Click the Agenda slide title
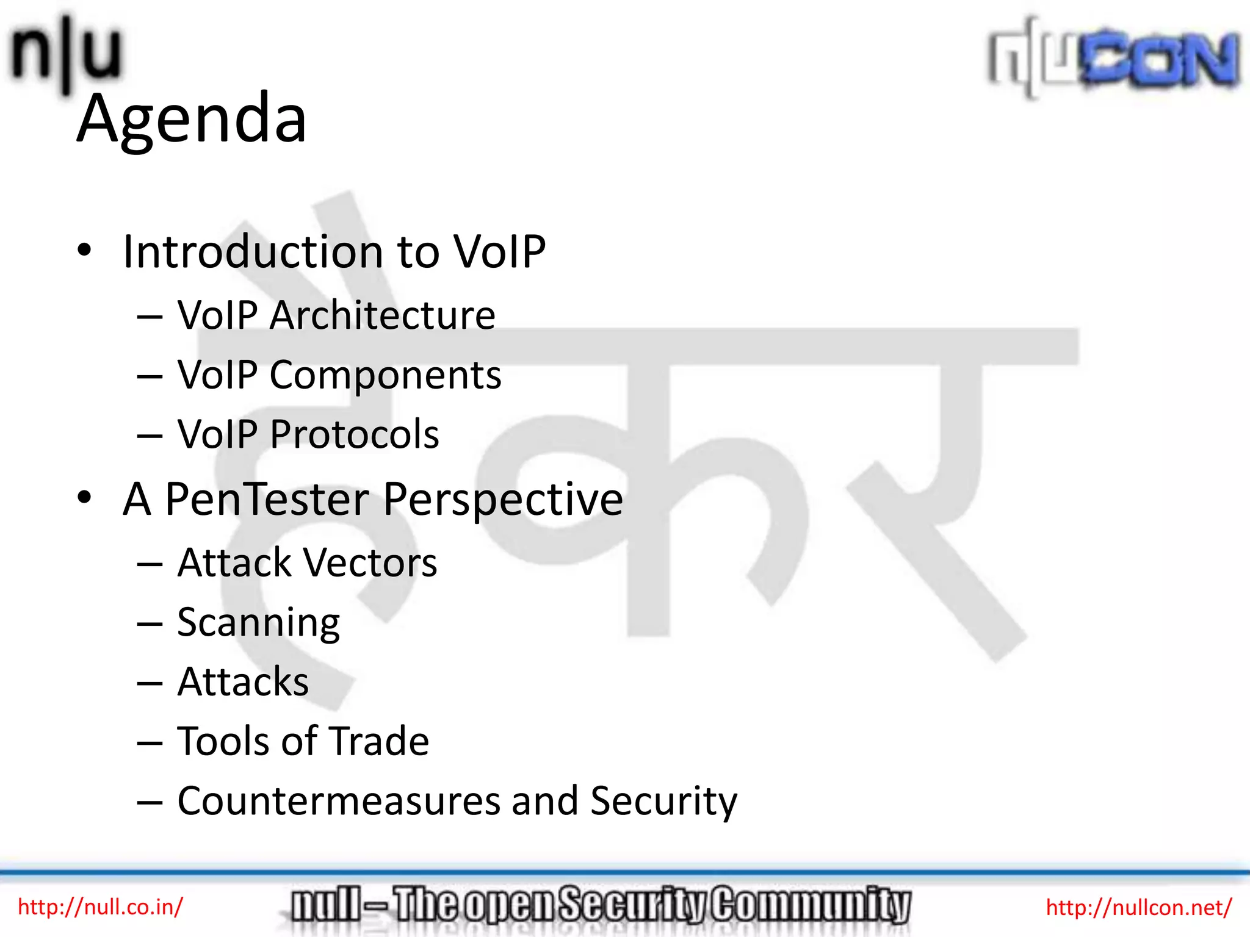coord(192,118)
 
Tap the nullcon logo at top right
coord(1115,59)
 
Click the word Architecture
coord(382,315)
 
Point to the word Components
coord(385,375)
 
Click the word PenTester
coord(267,499)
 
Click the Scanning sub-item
coord(258,623)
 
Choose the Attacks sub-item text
coord(243,682)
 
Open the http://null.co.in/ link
coord(100,906)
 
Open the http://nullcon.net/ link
coord(1139,907)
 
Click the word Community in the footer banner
coord(812,905)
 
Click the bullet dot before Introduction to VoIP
coord(84,250)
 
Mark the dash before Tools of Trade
coord(150,743)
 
